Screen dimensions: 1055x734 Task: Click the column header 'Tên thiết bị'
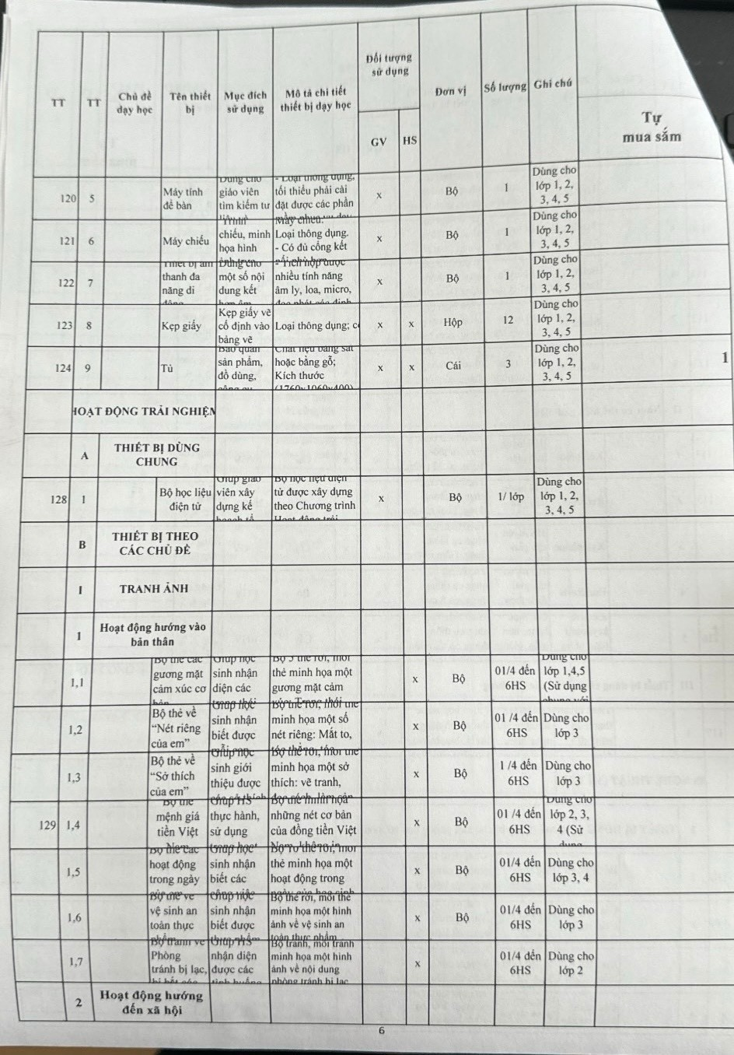[x=190, y=103]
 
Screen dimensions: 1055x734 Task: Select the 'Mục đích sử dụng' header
[x=245, y=102]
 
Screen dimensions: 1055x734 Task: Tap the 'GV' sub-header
[x=379, y=142]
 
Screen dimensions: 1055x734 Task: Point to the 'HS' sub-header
[x=410, y=141]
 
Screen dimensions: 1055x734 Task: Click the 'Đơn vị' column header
[x=451, y=91]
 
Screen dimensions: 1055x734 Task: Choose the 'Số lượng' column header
[x=505, y=86]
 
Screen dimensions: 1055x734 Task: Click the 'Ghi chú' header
[x=554, y=84]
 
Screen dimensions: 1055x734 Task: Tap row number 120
[x=68, y=198]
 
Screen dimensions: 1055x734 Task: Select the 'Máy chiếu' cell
[x=186, y=241]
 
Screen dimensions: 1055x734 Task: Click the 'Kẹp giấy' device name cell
[x=181, y=326]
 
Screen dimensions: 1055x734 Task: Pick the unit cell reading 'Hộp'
[x=453, y=322]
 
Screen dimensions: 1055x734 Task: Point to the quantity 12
[x=508, y=320]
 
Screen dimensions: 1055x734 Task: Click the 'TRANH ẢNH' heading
[x=154, y=588]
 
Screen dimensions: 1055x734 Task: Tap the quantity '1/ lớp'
[x=511, y=496]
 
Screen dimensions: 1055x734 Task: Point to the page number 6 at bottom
[x=382, y=1031]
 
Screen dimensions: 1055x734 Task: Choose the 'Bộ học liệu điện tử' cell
[x=185, y=499]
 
